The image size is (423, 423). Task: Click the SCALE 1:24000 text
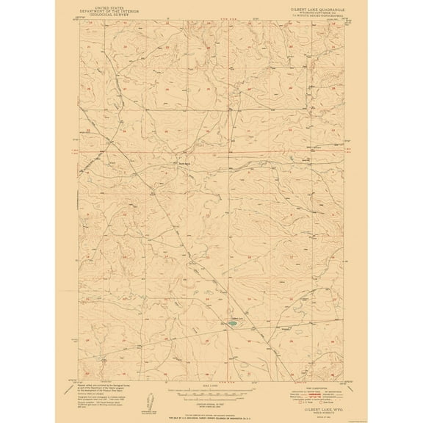tap(211, 388)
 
